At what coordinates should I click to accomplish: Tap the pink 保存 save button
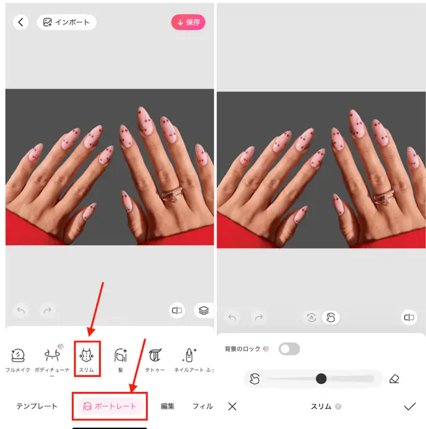point(188,22)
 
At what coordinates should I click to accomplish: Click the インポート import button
point(66,22)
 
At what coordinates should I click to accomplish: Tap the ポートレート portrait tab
point(109,406)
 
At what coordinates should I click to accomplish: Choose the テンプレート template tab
point(37,406)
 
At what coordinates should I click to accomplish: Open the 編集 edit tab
point(167,406)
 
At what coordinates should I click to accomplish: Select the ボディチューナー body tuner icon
point(51,356)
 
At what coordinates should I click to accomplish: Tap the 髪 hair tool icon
point(121,356)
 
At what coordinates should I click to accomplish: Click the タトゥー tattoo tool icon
point(155,356)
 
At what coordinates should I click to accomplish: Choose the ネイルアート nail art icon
point(189,356)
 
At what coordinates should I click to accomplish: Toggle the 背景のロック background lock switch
point(289,349)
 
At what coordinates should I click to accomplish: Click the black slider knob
point(321,378)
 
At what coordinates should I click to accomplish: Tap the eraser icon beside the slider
point(394,379)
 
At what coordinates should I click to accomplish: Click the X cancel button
point(232,406)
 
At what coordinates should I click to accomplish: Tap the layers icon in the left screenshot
point(203,310)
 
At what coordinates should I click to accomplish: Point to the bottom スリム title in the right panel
point(321,407)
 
